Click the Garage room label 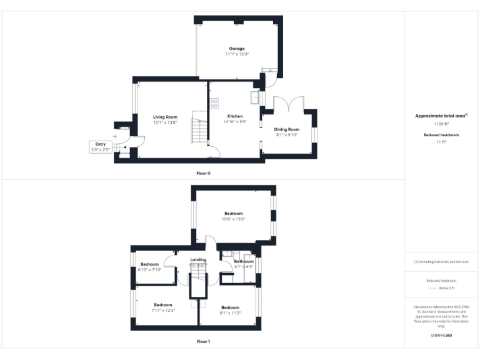(x=236, y=49)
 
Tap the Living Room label (x=166, y=117)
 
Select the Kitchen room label (x=235, y=117)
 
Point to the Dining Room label (x=287, y=129)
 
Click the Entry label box (x=101, y=147)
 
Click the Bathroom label (x=243, y=261)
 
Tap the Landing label (x=189, y=260)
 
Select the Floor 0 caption (x=204, y=172)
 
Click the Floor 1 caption (x=204, y=341)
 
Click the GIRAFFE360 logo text (x=441, y=336)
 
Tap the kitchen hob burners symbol (x=214, y=103)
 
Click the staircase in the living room (x=199, y=131)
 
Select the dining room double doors (x=289, y=104)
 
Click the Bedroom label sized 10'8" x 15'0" (x=234, y=214)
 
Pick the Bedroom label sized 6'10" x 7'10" (x=149, y=264)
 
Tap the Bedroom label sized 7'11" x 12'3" (x=162, y=305)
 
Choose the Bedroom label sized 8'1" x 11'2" (x=230, y=307)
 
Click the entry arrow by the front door (x=114, y=136)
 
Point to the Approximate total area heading (x=441, y=116)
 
